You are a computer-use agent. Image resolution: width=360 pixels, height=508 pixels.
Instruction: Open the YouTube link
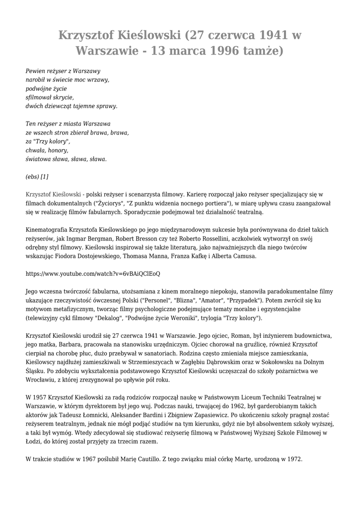tap(92, 273)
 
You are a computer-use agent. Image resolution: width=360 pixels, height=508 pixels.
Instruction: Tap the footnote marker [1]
tap(44, 176)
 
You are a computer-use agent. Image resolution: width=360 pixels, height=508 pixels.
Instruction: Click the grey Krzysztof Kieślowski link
tap(53, 194)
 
